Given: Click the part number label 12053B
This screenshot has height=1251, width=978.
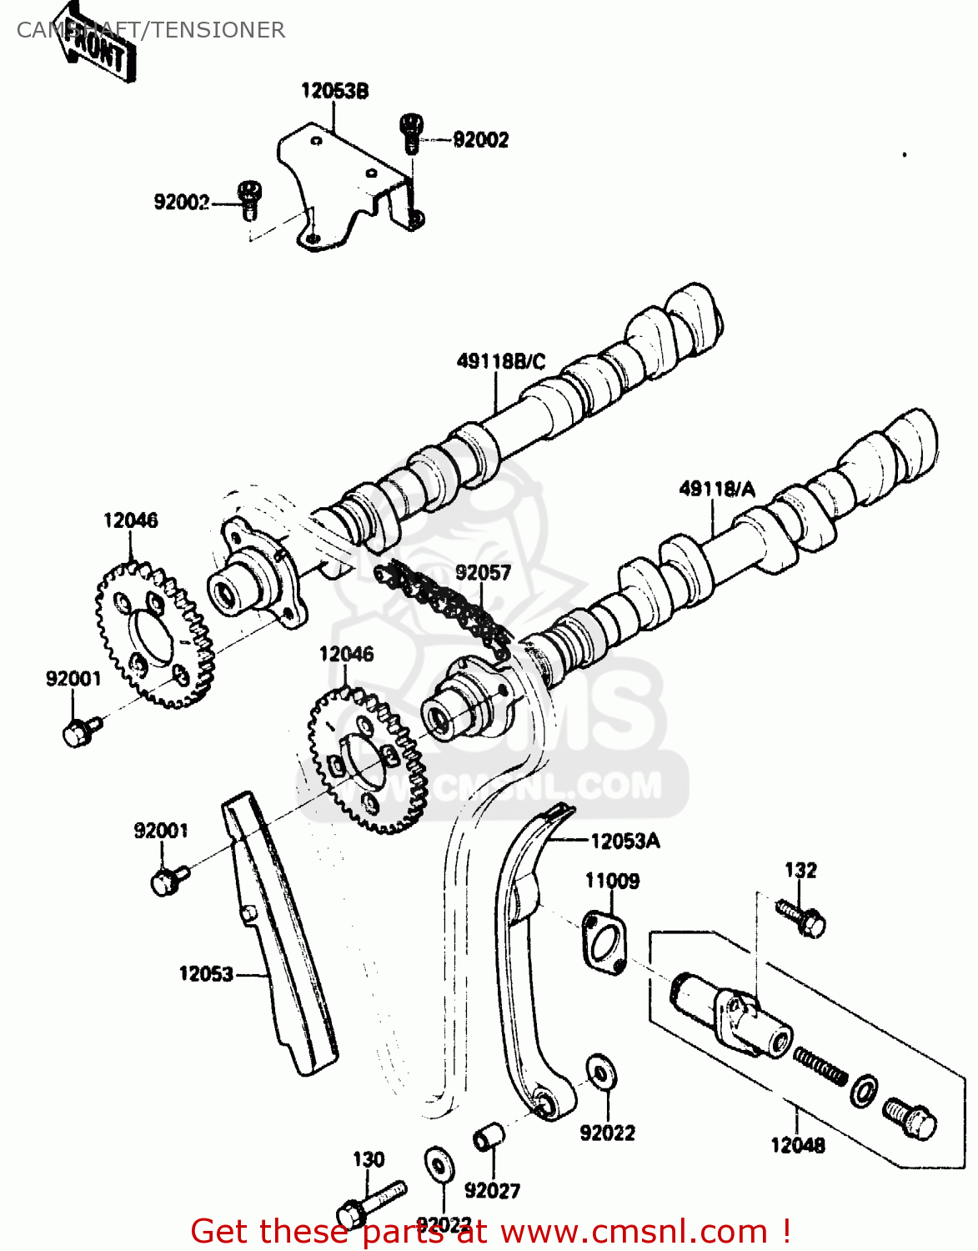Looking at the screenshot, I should tap(334, 91).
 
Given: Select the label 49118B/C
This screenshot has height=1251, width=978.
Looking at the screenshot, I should tap(501, 361).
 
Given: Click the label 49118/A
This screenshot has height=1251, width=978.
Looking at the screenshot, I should tap(717, 489).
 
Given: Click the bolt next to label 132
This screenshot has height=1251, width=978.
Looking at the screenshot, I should tap(801, 917).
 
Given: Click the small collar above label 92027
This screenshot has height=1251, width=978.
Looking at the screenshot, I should tap(488, 1138).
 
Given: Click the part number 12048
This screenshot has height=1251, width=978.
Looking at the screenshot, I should tap(798, 1146).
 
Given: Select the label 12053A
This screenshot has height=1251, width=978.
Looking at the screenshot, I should tap(624, 842).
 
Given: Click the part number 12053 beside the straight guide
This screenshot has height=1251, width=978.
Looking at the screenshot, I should tap(206, 974).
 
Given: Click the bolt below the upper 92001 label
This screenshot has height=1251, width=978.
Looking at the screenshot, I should tap(80, 731).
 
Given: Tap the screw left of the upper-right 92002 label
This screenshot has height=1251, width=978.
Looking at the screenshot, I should tap(411, 133).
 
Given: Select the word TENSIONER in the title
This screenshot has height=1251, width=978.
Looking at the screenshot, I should tap(218, 30).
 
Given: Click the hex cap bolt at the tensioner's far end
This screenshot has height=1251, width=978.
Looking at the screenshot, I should tap(910, 1118).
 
